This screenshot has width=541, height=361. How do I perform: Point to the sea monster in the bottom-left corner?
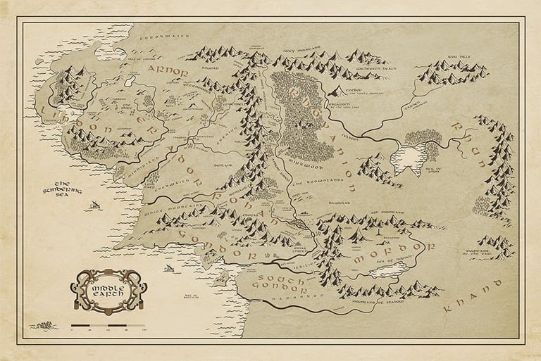click(x=45, y=325)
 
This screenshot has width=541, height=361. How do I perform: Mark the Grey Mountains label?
click(x=299, y=51)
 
